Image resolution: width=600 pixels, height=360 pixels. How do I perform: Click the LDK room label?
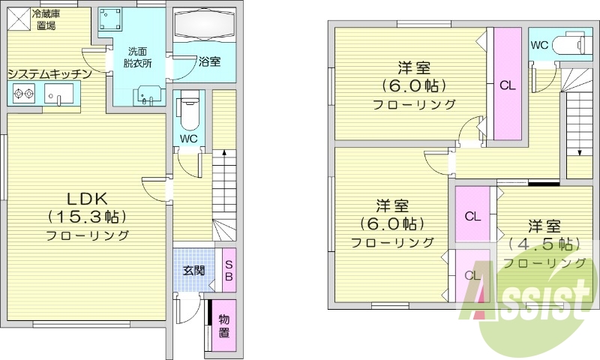[x=88, y=199]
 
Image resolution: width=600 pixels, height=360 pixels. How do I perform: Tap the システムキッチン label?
[x=49, y=73]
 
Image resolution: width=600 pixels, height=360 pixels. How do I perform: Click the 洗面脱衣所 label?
[x=137, y=58]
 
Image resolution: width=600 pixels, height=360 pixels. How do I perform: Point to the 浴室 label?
[x=209, y=62]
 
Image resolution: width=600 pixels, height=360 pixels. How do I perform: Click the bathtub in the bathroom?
[x=205, y=28]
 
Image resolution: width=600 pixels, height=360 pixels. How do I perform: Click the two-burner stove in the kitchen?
[x=22, y=94]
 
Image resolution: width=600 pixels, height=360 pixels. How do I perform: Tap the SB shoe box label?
[x=229, y=270]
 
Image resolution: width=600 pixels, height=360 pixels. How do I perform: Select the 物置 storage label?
[x=224, y=327]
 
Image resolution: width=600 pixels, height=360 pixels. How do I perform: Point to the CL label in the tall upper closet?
[x=507, y=85]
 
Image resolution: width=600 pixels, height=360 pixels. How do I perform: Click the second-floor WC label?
[x=538, y=45]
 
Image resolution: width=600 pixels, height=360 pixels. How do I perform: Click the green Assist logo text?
[x=532, y=301]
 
